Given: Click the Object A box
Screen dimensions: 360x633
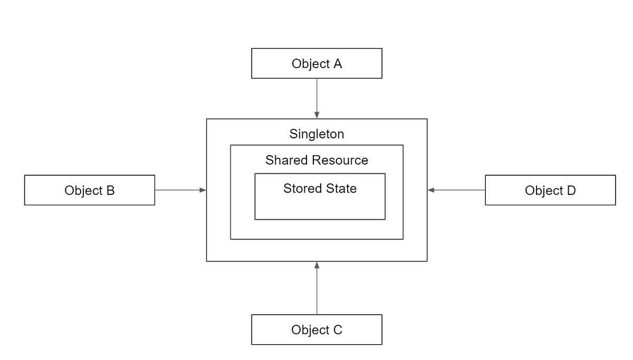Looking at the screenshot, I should pyautogui.click(x=316, y=63).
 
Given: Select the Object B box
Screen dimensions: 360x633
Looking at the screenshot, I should pyautogui.click(x=90, y=190).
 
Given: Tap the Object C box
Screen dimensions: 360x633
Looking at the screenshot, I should pyautogui.click(x=316, y=330).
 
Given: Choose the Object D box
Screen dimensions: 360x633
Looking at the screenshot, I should pyautogui.click(x=550, y=190).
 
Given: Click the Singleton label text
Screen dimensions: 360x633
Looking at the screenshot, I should pyautogui.click(x=316, y=134).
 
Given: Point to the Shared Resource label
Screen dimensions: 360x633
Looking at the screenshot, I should pyautogui.click(x=316, y=160).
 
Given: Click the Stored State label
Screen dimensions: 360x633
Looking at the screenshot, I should pyautogui.click(x=320, y=188).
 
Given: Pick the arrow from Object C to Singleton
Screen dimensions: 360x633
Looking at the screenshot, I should pyautogui.click(x=316, y=290).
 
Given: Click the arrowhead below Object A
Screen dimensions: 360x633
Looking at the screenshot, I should pyautogui.click(x=316, y=115).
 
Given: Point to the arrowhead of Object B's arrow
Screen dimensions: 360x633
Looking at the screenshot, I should pyautogui.click(x=203, y=190).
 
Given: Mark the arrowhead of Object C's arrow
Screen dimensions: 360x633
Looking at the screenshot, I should pyautogui.click(x=316, y=265).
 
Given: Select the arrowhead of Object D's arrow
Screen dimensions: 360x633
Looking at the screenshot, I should pyautogui.click(x=431, y=190).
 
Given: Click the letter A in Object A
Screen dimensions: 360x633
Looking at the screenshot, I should pyautogui.click(x=337, y=64).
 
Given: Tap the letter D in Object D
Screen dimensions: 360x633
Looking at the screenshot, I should pyautogui.click(x=571, y=191).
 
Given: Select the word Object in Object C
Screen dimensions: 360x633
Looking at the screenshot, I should pyautogui.click(x=309, y=330).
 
